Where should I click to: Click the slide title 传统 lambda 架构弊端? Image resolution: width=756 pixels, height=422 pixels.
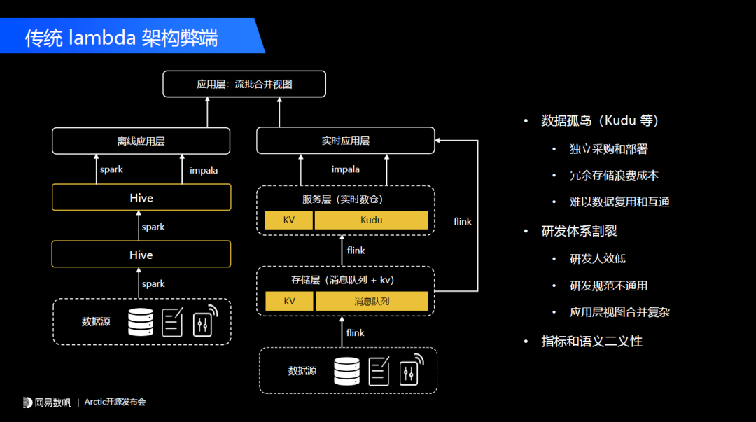[x=122, y=37]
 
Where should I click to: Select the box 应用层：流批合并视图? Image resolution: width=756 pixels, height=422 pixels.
[x=244, y=84]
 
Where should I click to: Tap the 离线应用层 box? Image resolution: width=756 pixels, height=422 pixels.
[x=141, y=141]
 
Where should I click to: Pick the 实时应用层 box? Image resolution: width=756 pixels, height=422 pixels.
[x=345, y=141]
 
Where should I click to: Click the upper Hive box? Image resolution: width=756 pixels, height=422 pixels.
[x=141, y=198]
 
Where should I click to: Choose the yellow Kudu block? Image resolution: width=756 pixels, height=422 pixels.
[x=371, y=220]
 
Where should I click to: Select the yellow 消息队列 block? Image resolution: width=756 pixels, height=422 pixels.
[x=371, y=302]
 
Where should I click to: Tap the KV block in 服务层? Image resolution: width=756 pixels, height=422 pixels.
[x=288, y=220]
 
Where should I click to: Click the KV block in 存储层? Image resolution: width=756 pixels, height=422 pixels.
[x=288, y=302]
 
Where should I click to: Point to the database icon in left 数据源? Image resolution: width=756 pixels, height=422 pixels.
[x=140, y=322]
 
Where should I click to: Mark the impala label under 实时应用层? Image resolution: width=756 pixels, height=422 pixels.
[x=345, y=169]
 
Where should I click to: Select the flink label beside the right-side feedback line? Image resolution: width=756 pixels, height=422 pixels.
[x=463, y=221]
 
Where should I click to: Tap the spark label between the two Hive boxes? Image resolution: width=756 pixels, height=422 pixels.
[x=153, y=227]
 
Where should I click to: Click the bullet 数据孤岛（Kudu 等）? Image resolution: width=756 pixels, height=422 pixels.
[x=600, y=120]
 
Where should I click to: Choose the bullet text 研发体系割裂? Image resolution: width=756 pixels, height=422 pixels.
[x=579, y=231]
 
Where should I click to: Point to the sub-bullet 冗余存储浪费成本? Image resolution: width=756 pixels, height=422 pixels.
[x=614, y=175]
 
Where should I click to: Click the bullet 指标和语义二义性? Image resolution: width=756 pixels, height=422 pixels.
[x=591, y=342]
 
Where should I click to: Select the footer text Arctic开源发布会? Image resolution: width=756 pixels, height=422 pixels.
[x=115, y=402]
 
